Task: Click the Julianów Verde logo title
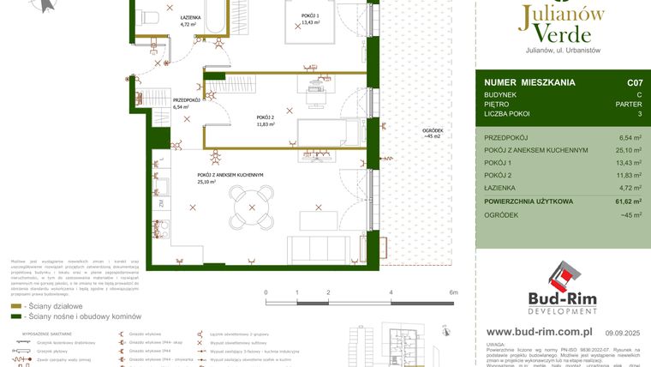tap(563, 25)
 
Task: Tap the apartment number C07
tap(634, 83)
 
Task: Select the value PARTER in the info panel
tap(630, 103)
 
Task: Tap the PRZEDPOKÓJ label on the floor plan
tap(187, 100)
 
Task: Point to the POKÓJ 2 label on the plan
tap(265, 117)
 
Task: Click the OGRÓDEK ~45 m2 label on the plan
tap(431, 133)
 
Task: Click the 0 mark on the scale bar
tap(266, 292)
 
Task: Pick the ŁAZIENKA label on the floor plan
tap(191, 18)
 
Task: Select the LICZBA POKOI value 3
tap(639, 113)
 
